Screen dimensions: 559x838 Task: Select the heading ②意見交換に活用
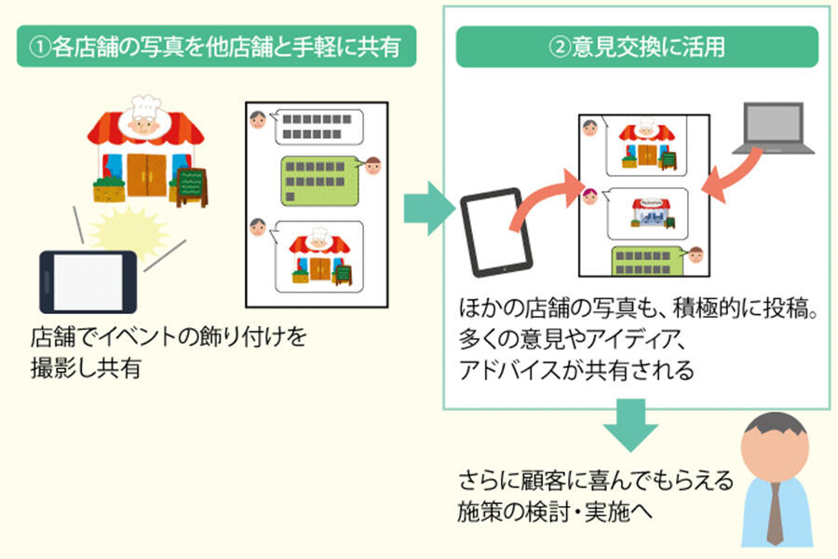point(637,47)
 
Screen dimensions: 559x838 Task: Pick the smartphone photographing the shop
point(88,280)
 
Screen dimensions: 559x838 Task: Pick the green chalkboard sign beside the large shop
point(191,184)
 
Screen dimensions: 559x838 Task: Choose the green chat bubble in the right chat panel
point(648,260)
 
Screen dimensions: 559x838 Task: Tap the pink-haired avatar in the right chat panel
point(589,196)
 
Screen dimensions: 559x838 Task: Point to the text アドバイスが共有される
point(576,371)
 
